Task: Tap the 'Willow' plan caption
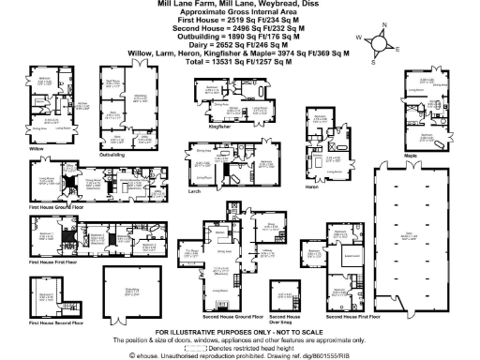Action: click(x=37, y=148)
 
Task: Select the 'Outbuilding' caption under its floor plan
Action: click(x=112, y=154)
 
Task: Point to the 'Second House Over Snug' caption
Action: click(x=283, y=319)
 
